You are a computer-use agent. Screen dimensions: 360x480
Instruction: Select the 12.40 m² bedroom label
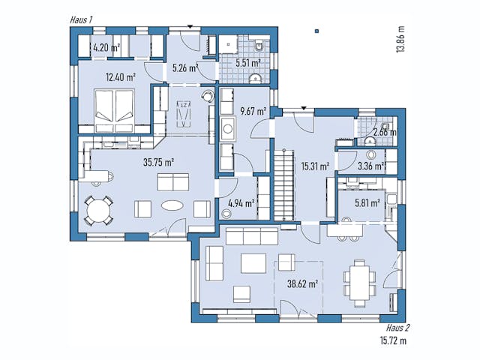[x=120, y=76]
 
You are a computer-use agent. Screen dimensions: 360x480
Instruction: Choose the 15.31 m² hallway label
[x=314, y=166]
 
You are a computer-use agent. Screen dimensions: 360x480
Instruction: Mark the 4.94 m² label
[x=240, y=202]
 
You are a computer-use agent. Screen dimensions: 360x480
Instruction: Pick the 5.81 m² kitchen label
[x=367, y=201]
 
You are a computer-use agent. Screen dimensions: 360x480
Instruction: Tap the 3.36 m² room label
[x=370, y=166]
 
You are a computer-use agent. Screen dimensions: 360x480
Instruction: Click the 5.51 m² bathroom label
[x=247, y=64]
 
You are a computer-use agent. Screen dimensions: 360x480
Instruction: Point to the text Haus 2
[x=397, y=328]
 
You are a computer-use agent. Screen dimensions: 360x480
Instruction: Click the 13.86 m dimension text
[x=402, y=37]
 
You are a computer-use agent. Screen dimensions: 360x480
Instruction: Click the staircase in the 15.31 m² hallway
[x=283, y=183]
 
